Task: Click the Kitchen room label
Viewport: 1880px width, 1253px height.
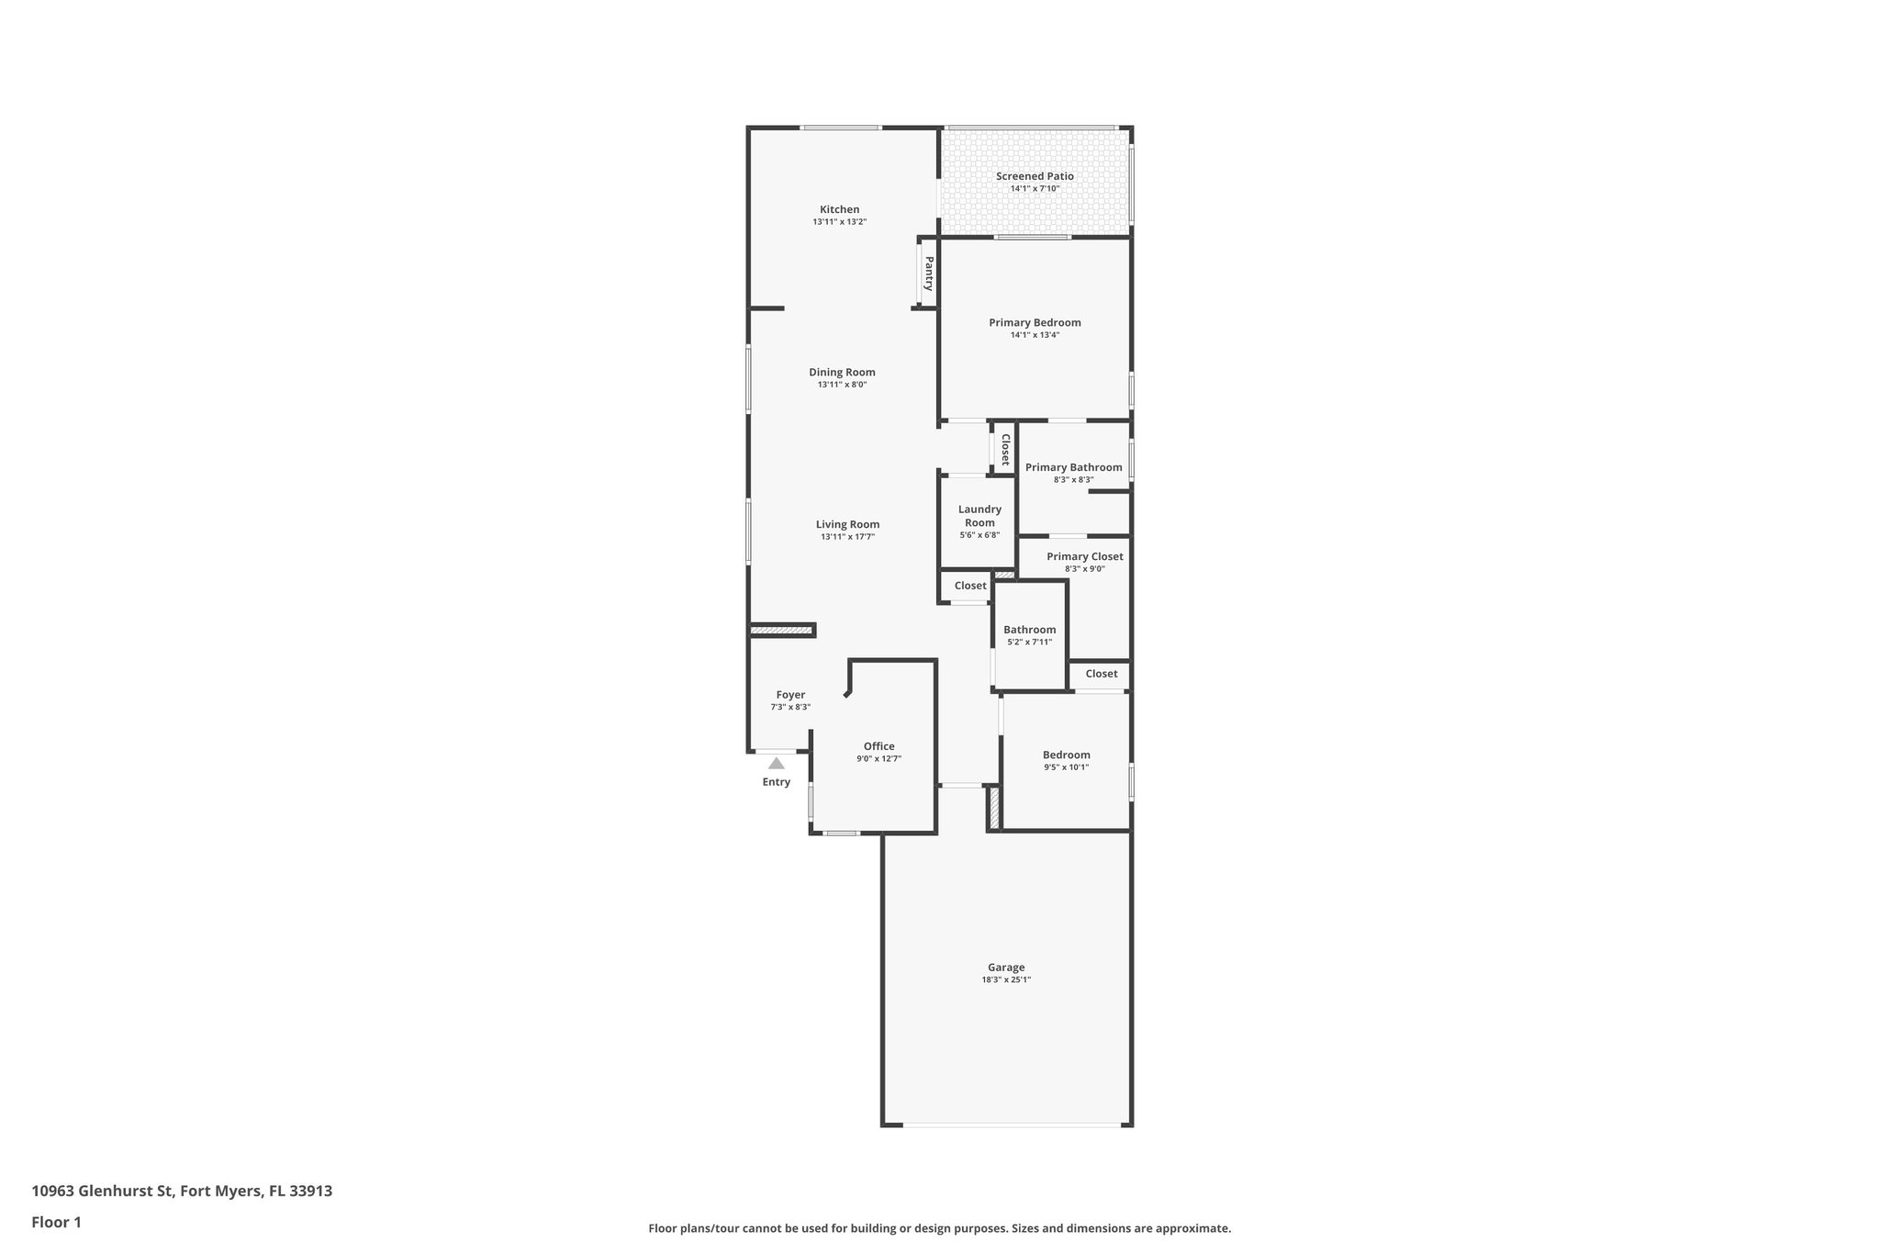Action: coord(839,209)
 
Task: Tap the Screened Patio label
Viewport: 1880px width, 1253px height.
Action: coord(1035,176)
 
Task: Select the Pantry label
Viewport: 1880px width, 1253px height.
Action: coord(929,273)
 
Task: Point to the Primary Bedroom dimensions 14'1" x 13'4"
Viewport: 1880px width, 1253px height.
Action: coord(1035,335)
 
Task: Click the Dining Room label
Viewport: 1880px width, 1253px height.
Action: coord(842,372)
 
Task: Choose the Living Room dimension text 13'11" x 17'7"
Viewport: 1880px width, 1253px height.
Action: coord(847,537)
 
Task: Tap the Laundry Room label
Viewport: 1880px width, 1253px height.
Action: coord(979,516)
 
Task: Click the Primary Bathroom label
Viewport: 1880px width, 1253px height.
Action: coord(1073,467)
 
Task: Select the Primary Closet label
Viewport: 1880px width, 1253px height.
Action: coord(1084,556)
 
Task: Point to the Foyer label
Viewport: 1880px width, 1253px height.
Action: coord(790,695)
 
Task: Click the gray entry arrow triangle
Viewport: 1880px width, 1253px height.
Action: coord(777,763)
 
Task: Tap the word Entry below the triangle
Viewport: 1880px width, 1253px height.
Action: coord(776,782)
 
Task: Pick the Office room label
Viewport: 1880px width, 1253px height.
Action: coord(878,746)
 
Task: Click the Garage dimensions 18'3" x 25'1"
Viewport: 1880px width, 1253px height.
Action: coord(1006,979)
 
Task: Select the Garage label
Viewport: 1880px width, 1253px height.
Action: coord(1006,967)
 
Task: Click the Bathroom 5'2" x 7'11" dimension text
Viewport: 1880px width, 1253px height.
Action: coord(1029,642)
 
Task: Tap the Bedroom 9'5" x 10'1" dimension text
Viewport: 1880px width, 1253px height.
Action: coord(1066,767)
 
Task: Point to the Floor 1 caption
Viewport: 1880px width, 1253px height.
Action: coord(56,1222)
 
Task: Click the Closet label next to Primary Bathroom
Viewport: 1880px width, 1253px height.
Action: coord(1005,450)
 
